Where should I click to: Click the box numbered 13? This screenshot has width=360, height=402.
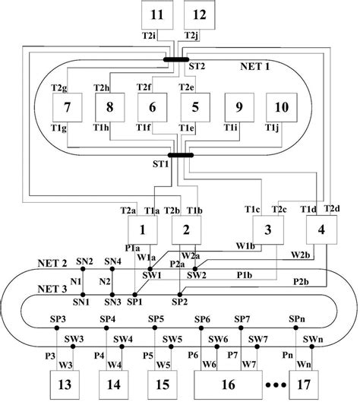pos(65,381)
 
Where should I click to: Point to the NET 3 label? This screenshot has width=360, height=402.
pos(52,290)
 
